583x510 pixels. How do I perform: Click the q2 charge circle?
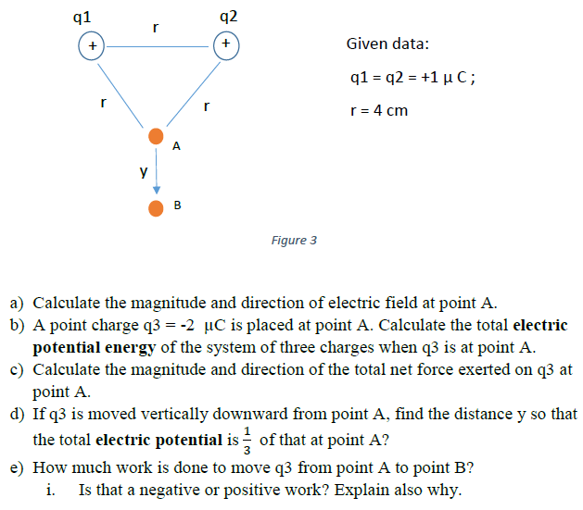225,44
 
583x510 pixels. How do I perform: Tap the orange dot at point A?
156,136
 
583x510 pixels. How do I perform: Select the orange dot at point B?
156,207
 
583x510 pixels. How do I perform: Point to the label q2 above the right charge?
229,15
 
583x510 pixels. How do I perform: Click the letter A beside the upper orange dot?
176,145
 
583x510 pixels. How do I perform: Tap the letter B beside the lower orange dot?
176,205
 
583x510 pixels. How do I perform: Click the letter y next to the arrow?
142,172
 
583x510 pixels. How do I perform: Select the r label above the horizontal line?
155,29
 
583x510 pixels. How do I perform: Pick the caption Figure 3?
294,240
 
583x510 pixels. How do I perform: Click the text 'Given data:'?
387,44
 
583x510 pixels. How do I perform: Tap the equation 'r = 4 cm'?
376,111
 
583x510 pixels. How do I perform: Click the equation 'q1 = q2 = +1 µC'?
411,77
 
